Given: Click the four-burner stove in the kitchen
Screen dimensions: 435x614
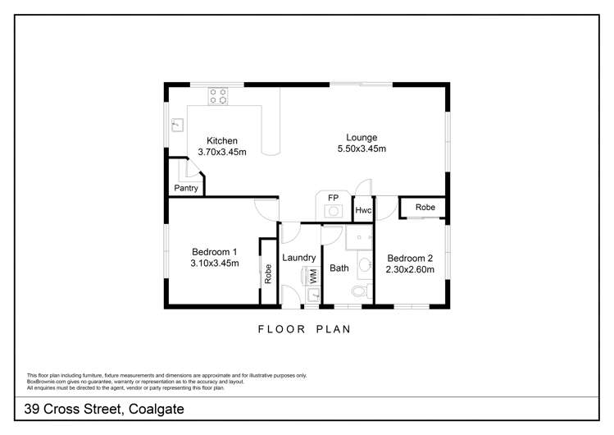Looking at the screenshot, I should [217, 96].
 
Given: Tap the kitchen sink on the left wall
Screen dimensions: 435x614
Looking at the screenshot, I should [176, 126].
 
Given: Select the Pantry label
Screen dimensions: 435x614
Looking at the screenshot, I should [186, 189].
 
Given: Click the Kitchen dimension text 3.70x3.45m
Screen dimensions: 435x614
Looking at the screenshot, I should [221, 152].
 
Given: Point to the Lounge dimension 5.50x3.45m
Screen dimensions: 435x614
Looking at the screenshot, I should [361, 149].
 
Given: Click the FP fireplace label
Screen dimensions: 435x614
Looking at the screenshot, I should [334, 199].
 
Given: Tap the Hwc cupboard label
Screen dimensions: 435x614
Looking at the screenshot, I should [363, 210].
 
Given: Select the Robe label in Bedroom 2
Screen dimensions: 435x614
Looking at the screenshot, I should [425, 208].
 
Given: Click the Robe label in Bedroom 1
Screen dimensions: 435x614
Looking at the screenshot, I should [268, 272].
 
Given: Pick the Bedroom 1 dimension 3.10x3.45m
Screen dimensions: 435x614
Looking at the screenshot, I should [214, 263].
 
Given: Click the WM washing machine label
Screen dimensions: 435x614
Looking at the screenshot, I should [313, 275].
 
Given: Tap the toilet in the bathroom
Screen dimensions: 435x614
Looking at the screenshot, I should [358, 291].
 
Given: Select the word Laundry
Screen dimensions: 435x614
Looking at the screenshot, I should [298, 257].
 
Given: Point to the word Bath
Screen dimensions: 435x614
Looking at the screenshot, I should [339, 268].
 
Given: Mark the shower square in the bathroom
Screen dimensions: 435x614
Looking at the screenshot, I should [358, 237].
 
